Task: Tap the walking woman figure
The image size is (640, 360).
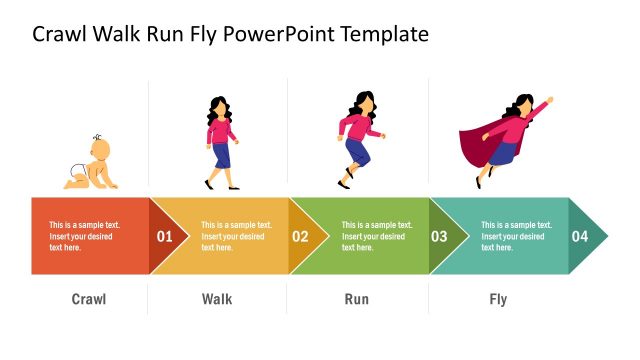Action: click(x=222, y=143)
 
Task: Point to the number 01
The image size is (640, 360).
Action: click(x=165, y=237)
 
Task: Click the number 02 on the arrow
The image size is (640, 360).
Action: click(x=300, y=237)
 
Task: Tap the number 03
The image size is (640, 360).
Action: click(x=439, y=237)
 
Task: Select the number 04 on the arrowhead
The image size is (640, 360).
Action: click(x=580, y=237)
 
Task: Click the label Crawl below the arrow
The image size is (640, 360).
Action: click(x=89, y=299)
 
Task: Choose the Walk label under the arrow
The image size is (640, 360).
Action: click(x=217, y=299)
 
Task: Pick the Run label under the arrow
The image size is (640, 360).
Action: click(x=357, y=299)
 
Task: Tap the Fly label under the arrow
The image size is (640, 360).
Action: click(x=498, y=299)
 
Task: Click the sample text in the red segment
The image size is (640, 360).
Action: click(x=84, y=236)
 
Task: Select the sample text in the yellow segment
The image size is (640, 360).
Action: click(x=236, y=236)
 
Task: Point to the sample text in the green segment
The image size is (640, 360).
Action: click(x=376, y=236)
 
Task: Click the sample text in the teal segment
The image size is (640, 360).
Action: click(x=516, y=236)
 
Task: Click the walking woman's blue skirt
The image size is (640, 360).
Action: click(x=222, y=155)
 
